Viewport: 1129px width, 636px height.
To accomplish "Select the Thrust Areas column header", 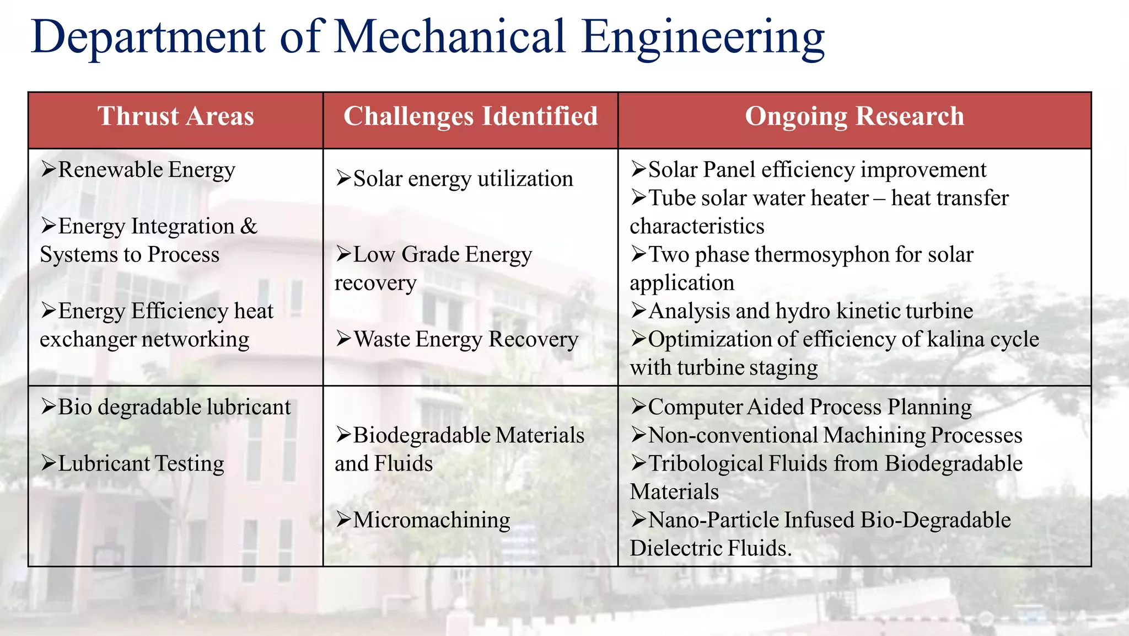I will (x=175, y=116).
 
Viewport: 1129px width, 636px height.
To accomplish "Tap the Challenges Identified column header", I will (x=470, y=116).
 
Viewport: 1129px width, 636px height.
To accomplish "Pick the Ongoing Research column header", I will (x=854, y=116).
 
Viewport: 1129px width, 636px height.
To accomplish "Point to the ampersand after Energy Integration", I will (x=249, y=226).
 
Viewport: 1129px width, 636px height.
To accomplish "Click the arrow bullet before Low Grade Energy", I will (x=343, y=254).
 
